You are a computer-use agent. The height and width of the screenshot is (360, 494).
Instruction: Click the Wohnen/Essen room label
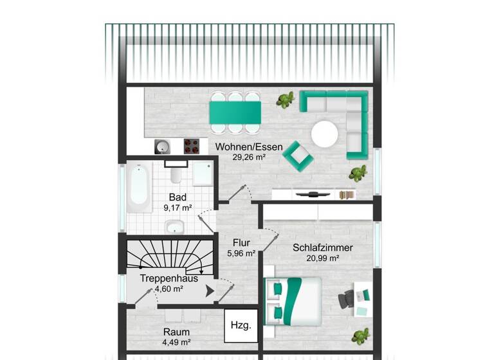pos(240,147)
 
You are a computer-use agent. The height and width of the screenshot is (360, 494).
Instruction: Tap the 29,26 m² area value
pos(240,156)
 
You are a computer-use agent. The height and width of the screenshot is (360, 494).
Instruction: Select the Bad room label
pos(178,197)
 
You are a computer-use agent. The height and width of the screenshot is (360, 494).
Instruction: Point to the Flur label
pos(241,243)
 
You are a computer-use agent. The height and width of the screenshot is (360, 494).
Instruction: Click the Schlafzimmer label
pos(323,248)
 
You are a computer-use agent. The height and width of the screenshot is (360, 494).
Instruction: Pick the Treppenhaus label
pos(169,279)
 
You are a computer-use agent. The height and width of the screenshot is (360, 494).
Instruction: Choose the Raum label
pos(176,332)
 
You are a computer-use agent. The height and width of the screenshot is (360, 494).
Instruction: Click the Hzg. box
pos(241,326)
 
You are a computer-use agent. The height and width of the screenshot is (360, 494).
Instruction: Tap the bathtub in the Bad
pos(139,187)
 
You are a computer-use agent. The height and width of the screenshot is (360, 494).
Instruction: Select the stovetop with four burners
pos(192,146)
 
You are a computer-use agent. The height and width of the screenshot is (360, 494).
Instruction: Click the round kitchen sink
pos(161,147)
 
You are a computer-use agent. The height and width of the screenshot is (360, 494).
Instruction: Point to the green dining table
pos(235,113)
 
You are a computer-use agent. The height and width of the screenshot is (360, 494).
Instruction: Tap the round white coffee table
pos(325,134)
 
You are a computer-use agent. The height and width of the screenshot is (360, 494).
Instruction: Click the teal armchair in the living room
pos(298,155)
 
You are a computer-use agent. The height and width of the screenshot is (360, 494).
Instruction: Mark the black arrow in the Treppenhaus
pos(209,291)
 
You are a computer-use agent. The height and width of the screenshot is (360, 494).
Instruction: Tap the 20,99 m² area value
pos(323,258)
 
